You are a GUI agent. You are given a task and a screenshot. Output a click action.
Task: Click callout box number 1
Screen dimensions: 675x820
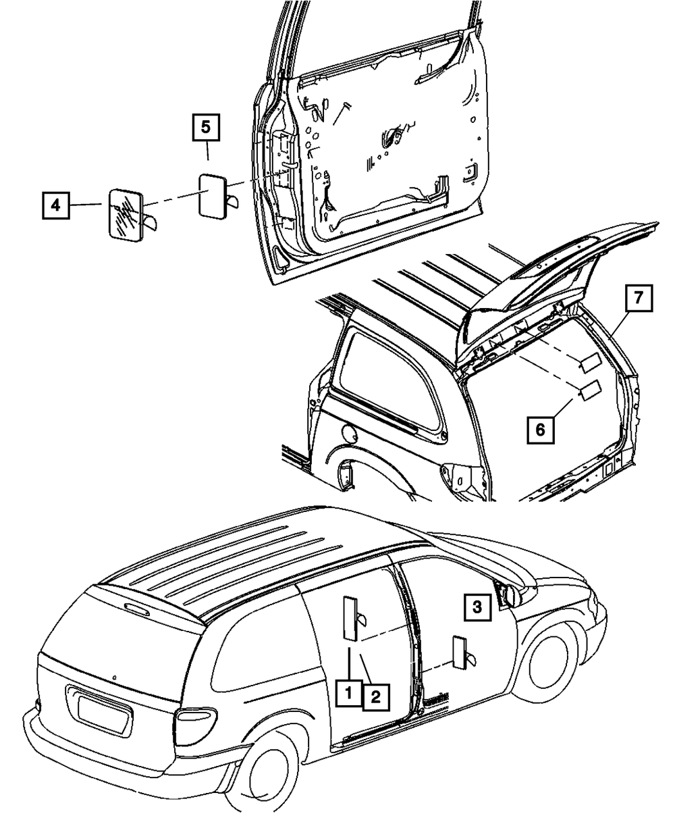349,692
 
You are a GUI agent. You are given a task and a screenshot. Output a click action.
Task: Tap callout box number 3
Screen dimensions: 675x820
477,607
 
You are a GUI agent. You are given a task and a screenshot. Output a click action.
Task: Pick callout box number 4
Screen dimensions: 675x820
57,205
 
